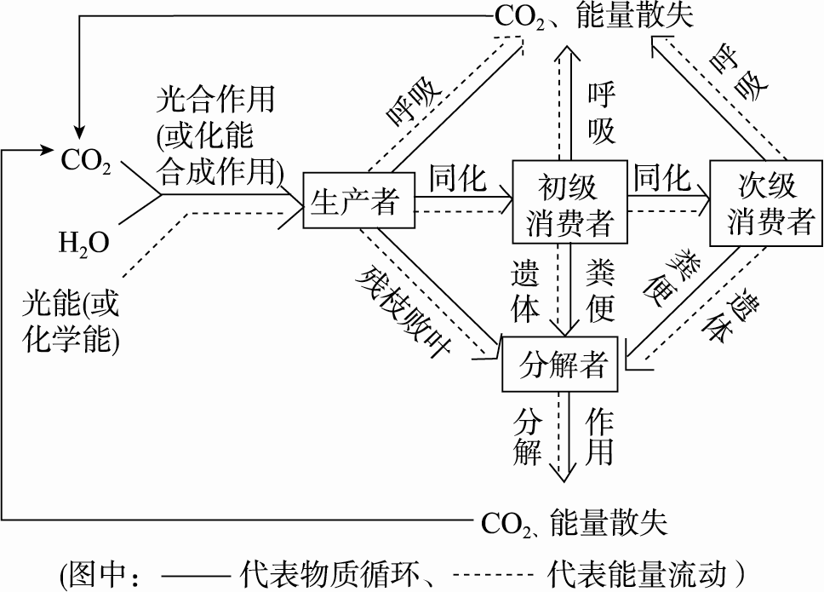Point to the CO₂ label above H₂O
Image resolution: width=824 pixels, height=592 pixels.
point(85,161)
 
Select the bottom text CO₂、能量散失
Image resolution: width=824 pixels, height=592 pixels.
point(573,521)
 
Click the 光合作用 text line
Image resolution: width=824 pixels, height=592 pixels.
point(215,100)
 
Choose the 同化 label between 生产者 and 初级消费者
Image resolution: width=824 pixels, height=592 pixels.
point(458,180)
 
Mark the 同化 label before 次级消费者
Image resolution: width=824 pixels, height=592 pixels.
point(661,178)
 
